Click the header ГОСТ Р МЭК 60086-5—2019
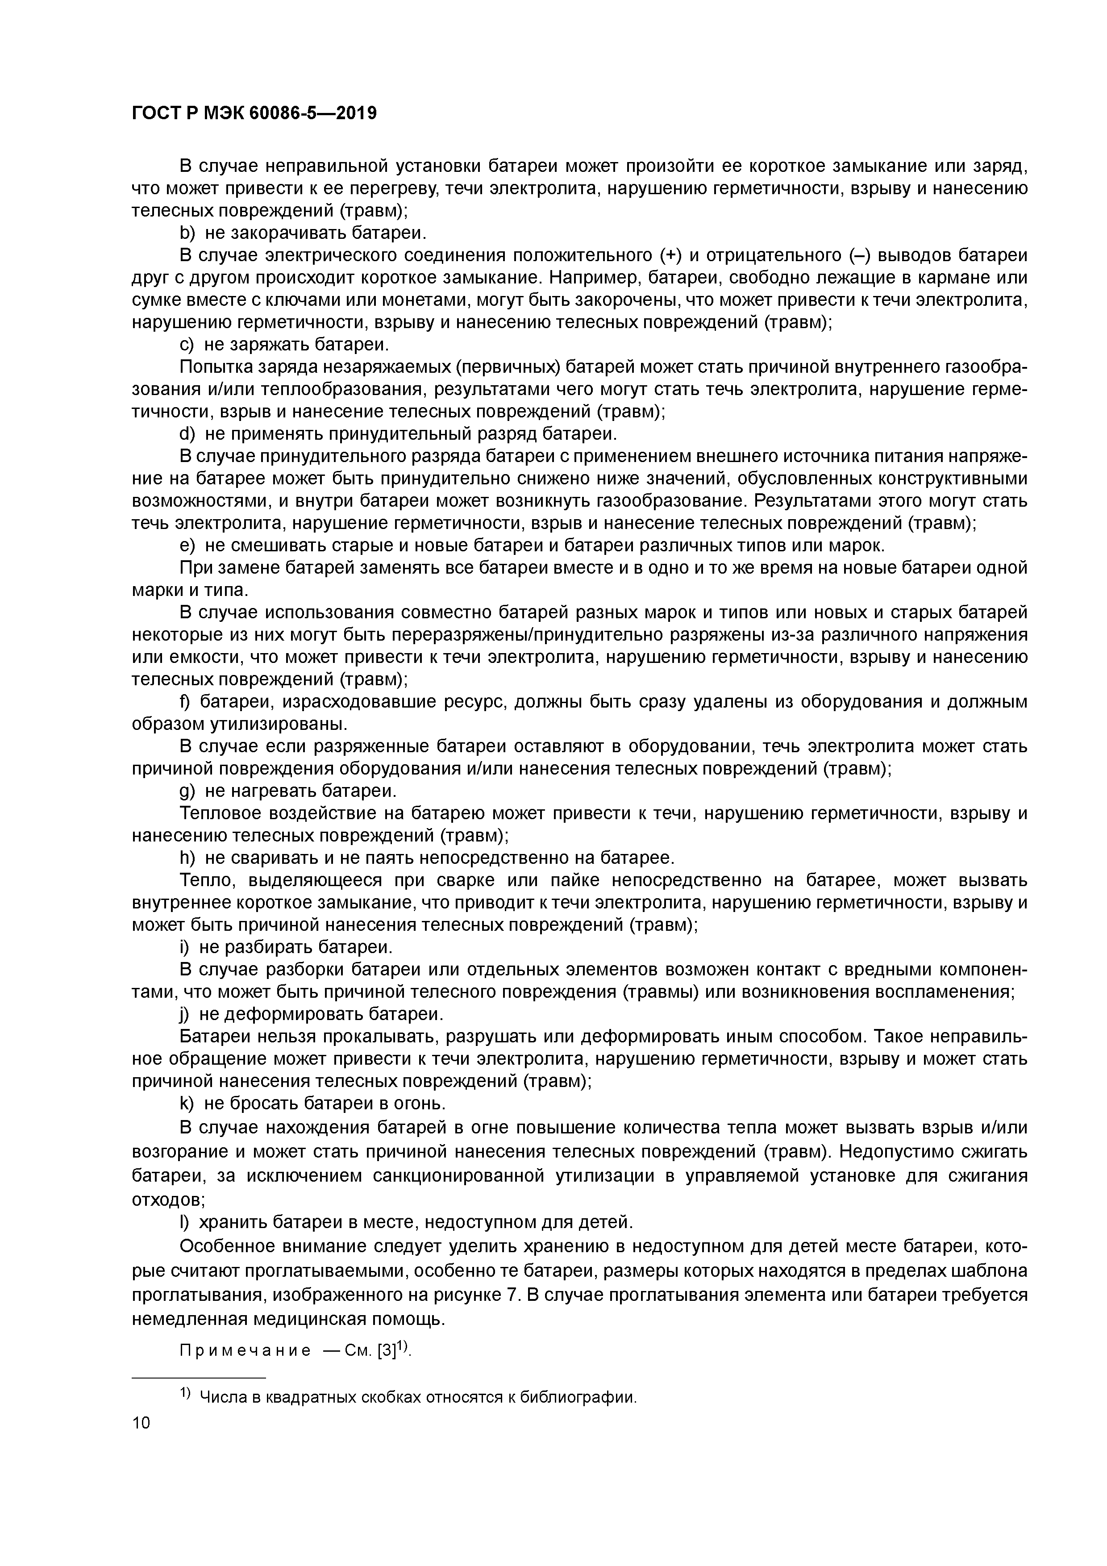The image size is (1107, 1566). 254,113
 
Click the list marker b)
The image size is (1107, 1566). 187,233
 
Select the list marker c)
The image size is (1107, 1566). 187,345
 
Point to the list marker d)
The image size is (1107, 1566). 187,434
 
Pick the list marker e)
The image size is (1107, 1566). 187,546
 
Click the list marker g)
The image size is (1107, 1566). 187,791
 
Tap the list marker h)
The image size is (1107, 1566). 187,858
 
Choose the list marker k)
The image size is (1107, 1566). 187,1104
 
